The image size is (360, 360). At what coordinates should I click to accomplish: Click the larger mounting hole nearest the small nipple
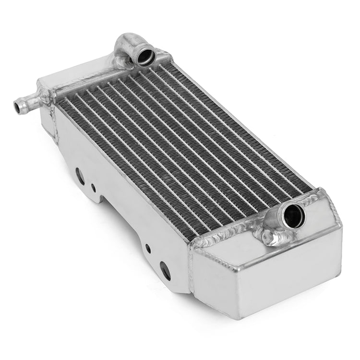coord(80,176)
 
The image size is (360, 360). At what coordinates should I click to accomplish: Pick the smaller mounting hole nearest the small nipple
coord(93,187)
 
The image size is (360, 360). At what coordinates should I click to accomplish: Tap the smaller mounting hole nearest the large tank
coord(148,248)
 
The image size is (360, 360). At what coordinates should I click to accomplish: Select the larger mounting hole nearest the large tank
coord(166,271)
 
